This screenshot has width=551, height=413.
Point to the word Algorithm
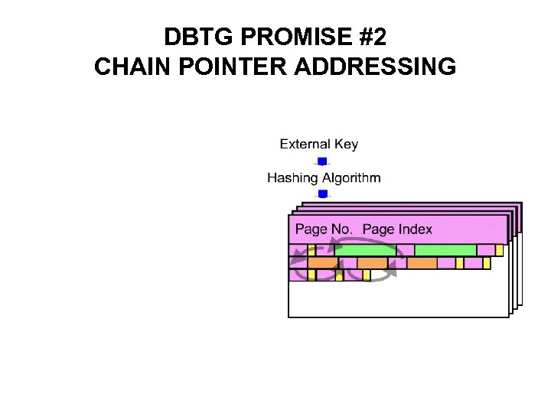(x=351, y=178)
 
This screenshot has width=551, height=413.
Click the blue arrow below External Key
(x=322, y=161)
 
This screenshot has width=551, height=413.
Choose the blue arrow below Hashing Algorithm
(x=322, y=194)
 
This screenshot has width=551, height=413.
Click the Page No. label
(x=323, y=229)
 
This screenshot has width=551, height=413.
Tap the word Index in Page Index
(x=414, y=229)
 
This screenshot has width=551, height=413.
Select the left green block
(x=365, y=250)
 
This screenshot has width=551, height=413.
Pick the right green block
(x=445, y=250)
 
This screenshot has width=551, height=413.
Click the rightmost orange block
(x=422, y=263)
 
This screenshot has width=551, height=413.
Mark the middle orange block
(x=372, y=263)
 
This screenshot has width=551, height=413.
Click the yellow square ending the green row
(x=499, y=250)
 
